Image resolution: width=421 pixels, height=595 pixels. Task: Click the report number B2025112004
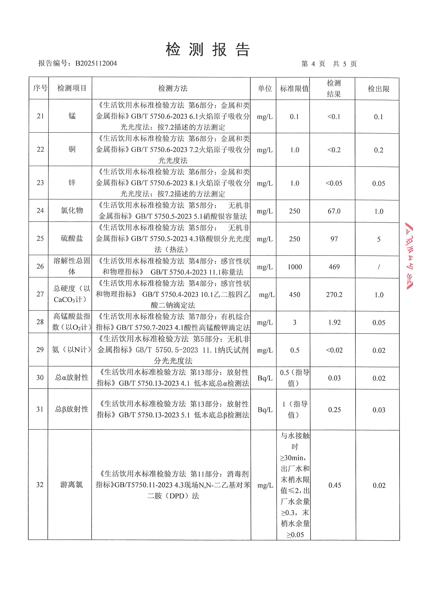[96, 63]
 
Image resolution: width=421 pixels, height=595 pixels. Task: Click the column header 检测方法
[173, 88]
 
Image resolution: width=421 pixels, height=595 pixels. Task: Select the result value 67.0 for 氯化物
[334, 211]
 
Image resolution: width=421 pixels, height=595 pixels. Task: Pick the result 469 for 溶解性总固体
[334, 267]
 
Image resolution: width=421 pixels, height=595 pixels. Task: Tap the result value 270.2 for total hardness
[334, 295]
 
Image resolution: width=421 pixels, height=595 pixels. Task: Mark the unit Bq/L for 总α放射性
[265, 378]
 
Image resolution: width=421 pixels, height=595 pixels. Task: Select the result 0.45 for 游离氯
[335, 485]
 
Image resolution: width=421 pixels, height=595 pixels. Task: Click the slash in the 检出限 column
[379, 267]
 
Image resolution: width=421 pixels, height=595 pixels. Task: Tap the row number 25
[40, 238]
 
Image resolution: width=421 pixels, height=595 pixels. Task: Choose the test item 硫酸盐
[72, 238]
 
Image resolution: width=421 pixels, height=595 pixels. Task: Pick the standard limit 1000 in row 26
[295, 267]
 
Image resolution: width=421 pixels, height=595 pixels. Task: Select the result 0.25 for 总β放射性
[334, 410]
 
